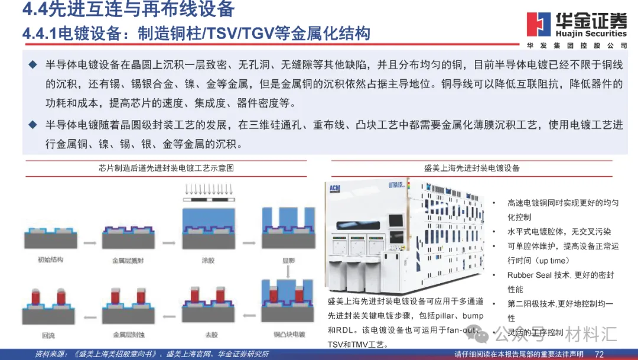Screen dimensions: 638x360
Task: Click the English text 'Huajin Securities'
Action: pos(591,34)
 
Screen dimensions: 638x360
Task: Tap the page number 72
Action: pos(599,353)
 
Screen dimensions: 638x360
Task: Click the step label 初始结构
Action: pos(50,259)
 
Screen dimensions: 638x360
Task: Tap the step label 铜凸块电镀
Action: pos(287,335)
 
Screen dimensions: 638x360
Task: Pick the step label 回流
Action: pos(50,335)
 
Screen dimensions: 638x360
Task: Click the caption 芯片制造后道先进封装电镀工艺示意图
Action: pos(166,168)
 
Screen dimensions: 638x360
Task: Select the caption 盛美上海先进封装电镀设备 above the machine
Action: pos(471,168)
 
